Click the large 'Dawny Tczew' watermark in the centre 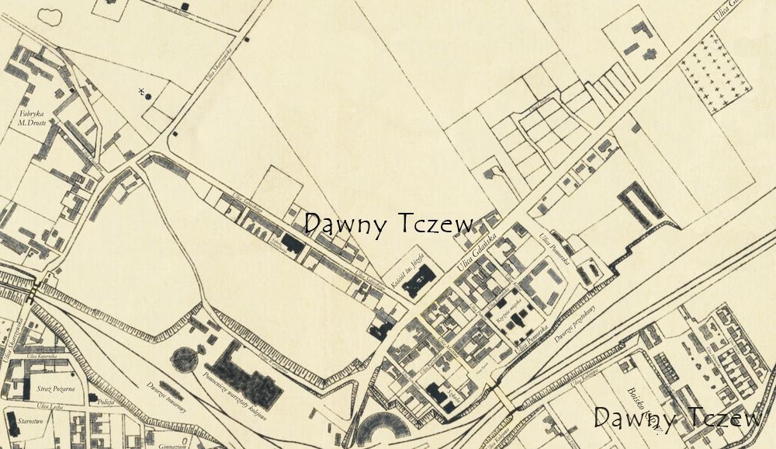[x=388, y=224]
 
